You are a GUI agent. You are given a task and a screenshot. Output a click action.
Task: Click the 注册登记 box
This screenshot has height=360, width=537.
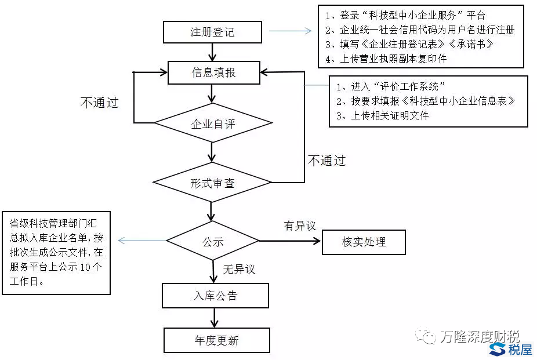pyautogui.click(x=212, y=32)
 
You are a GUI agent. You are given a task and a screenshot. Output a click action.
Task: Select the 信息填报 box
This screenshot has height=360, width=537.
pyautogui.click(x=213, y=72)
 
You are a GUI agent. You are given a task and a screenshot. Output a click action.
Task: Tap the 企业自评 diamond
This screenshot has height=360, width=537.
pyautogui.click(x=213, y=123)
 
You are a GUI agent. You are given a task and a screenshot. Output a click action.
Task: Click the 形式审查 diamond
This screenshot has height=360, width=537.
pyautogui.click(x=212, y=183)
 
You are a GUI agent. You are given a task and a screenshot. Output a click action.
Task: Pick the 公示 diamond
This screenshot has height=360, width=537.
pyautogui.click(x=213, y=241)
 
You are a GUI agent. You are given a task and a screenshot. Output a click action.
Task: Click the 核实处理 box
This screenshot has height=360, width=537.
pyautogui.click(x=364, y=242)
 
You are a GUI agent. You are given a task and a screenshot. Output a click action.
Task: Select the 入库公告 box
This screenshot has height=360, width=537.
pyautogui.click(x=215, y=296)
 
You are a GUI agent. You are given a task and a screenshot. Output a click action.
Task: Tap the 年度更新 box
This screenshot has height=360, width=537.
pyautogui.click(x=216, y=340)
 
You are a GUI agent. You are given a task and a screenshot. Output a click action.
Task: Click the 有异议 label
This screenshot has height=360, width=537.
pyautogui.click(x=300, y=226)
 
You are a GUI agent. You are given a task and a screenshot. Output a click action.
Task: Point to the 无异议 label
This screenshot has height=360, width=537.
pyautogui.click(x=239, y=269)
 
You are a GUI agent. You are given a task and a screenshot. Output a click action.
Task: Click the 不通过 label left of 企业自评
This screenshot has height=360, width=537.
pyautogui.click(x=99, y=103)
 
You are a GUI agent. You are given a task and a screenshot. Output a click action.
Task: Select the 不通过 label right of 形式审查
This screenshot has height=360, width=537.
pyautogui.click(x=326, y=161)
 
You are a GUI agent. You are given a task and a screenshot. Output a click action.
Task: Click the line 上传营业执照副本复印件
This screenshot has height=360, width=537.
pyautogui.click(x=386, y=59)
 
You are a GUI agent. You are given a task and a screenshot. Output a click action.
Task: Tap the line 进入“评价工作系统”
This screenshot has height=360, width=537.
pyautogui.click(x=391, y=87)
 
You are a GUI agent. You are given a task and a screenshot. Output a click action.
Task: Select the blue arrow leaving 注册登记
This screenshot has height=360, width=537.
pyautogui.click(x=290, y=31)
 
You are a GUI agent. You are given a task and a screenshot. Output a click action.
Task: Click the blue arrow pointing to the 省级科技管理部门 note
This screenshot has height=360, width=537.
pyautogui.click(x=141, y=241)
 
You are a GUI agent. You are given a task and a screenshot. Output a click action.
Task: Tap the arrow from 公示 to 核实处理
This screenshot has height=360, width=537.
pyautogui.click(x=290, y=241)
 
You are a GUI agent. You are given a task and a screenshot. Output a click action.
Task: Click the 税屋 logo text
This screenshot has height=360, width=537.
pyautogui.click(x=519, y=349)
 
